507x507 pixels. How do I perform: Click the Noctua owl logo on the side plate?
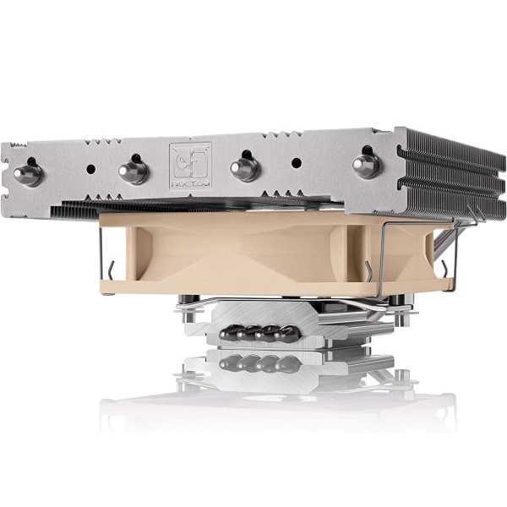[x=189, y=165]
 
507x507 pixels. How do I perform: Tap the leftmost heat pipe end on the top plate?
[x=27, y=173]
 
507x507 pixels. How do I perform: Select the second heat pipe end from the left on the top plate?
[x=133, y=170]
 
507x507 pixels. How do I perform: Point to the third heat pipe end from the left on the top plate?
[x=244, y=167]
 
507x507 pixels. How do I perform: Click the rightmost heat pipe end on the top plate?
[x=366, y=163]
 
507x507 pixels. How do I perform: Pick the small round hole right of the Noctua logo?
[x=296, y=161]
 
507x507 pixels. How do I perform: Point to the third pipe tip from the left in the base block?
[x=270, y=332]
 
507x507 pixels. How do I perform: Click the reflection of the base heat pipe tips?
[x=258, y=363]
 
